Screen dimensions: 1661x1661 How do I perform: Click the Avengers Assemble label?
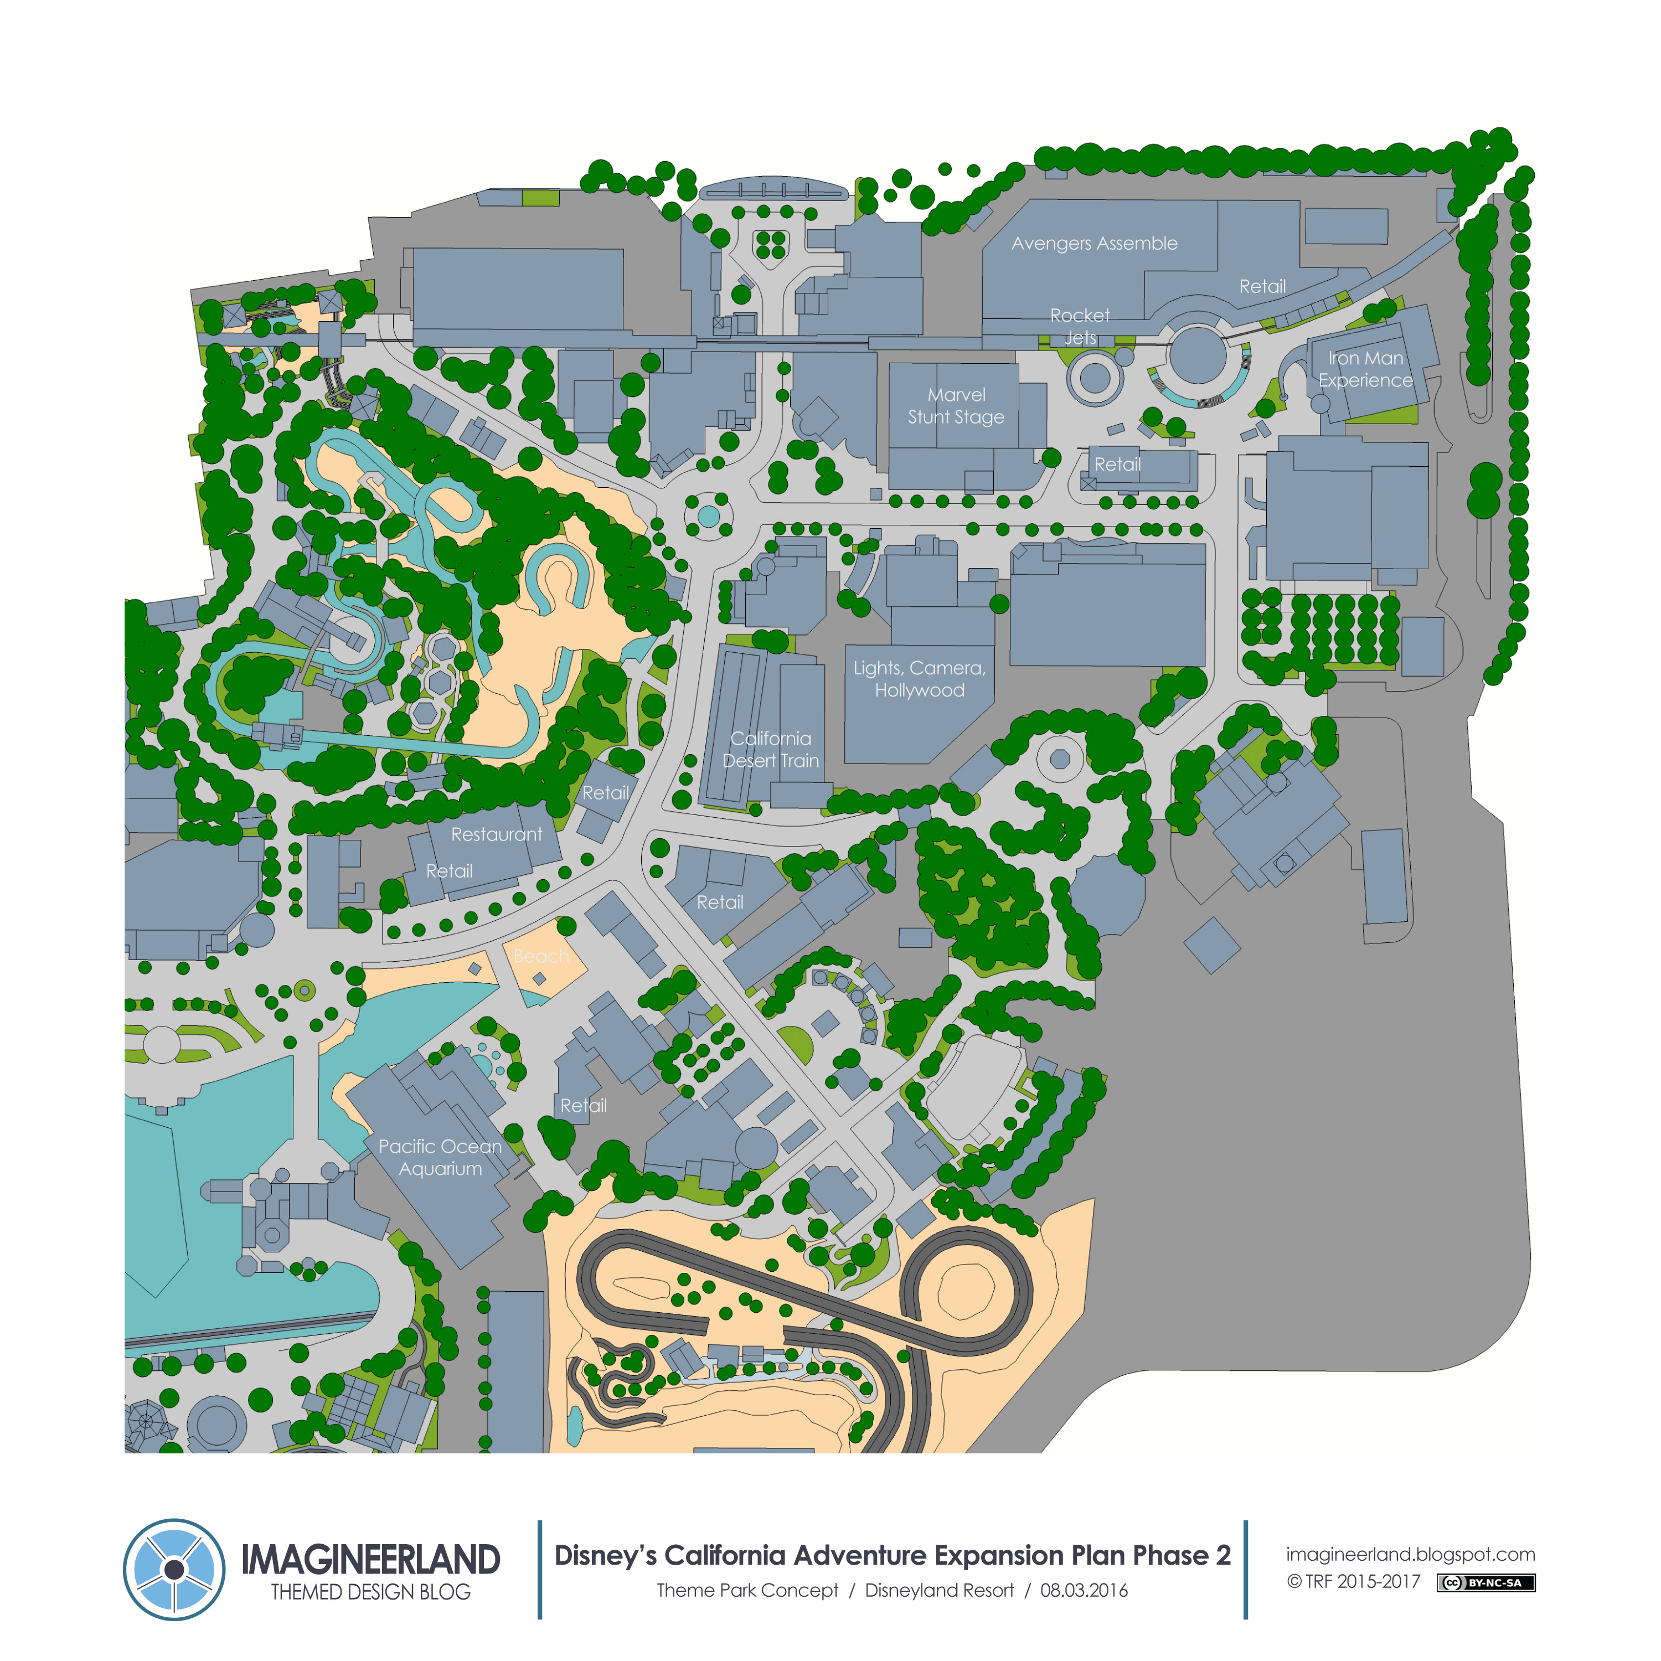click(x=1093, y=243)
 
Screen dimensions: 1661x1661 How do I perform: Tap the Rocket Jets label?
click(x=1080, y=327)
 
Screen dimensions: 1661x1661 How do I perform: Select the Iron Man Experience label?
click(x=1365, y=369)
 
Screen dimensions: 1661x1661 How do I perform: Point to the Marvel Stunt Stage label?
click(x=956, y=406)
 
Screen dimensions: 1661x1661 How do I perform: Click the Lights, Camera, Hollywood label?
click(x=919, y=679)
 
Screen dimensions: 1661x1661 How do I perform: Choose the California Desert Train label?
click(x=770, y=749)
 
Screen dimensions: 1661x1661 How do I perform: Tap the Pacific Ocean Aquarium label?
click(x=440, y=1157)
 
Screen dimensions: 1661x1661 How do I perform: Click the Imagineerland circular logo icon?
click(x=174, y=1569)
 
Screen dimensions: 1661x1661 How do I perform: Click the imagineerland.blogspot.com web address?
click(x=1410, y=1554)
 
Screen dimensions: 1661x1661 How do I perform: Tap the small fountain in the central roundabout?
click(x=708, y=516)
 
